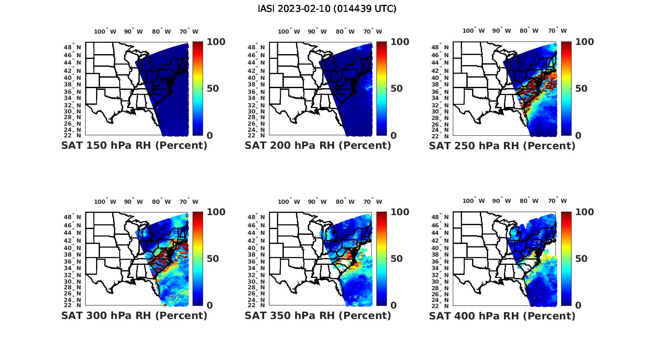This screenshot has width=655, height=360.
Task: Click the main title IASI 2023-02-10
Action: (327, 9)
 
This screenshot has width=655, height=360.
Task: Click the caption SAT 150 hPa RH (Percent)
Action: (134, 146)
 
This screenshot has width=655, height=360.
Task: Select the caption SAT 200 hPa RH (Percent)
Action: (318, 146)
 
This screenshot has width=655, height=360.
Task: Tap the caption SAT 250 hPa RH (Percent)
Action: (502, 146)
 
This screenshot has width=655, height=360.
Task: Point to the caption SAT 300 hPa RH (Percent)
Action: (134, 315)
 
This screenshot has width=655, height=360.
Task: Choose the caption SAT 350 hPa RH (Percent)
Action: (318, 315)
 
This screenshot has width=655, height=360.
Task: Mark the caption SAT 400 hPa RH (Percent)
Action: (502, 315)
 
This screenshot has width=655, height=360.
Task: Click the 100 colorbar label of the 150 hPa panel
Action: (216, 42)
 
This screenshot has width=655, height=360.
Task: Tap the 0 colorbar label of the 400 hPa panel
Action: (578, 305)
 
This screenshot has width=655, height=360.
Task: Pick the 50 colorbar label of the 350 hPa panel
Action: (396, 258)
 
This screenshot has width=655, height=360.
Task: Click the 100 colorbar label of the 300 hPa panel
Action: (216, 212)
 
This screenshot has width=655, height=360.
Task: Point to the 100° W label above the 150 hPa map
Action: (105, 31)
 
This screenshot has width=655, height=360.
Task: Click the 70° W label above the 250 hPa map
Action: (558, 31)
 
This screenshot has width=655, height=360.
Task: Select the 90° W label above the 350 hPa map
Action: (317, 202)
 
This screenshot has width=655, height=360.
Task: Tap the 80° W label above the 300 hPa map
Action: (162, 202)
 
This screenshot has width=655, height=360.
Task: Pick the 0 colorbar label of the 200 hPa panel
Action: (393, 136)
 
